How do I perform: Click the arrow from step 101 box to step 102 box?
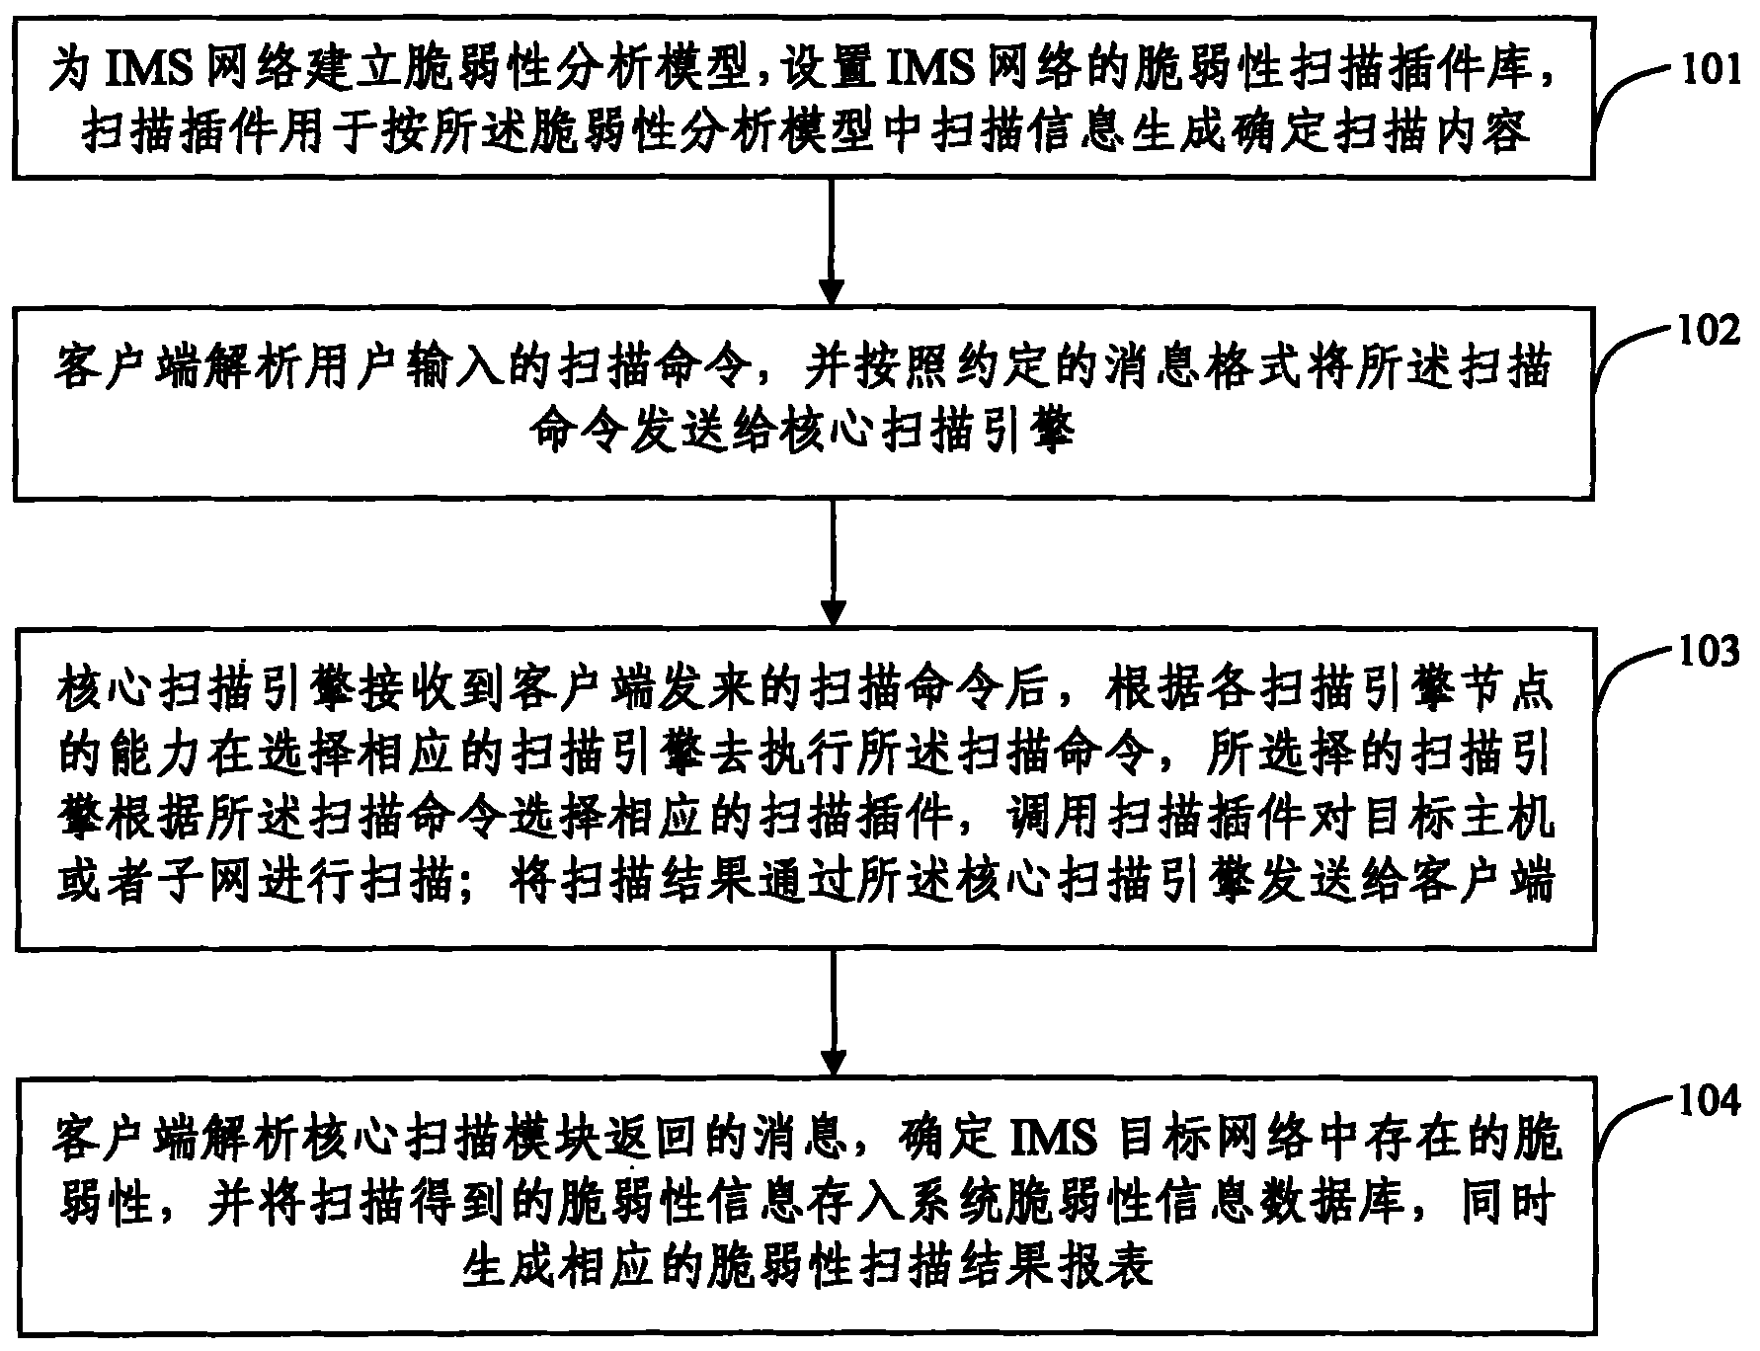tap(833, 241)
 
